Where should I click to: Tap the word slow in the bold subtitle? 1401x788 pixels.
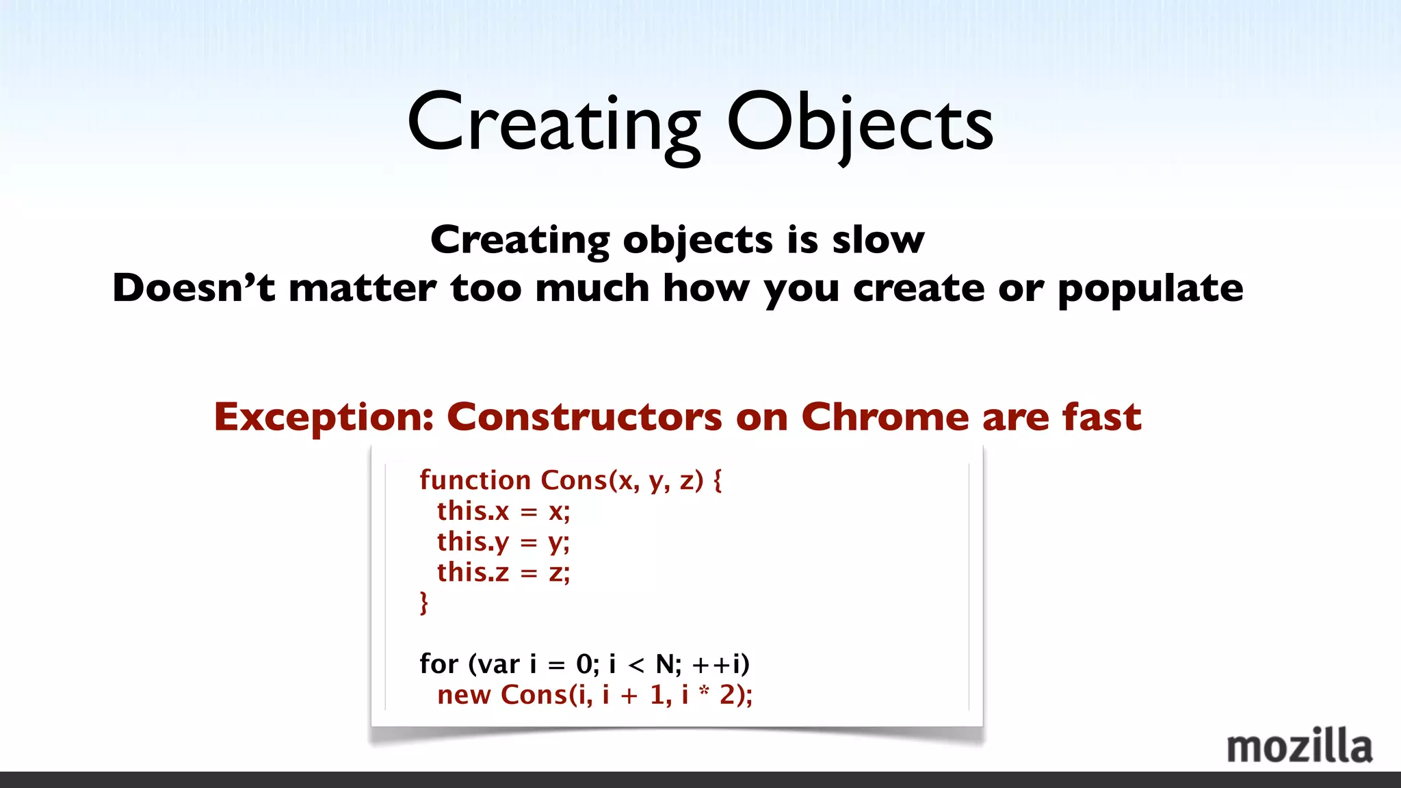878,240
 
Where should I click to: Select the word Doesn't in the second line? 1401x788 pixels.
194,287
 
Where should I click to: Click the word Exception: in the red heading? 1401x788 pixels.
324,417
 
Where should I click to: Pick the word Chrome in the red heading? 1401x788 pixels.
885,417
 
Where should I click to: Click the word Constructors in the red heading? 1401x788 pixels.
584,417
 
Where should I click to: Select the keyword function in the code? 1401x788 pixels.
475,480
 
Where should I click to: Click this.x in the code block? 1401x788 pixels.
473,511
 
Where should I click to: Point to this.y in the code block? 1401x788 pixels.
473,542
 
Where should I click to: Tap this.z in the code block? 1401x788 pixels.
473,573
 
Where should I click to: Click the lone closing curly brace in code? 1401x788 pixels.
424,603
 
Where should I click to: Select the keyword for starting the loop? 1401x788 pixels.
438,664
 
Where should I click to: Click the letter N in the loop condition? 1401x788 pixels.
665,664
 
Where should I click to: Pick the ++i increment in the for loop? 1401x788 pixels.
720,664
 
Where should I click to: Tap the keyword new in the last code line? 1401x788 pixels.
464,695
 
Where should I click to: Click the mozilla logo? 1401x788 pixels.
1299,746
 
